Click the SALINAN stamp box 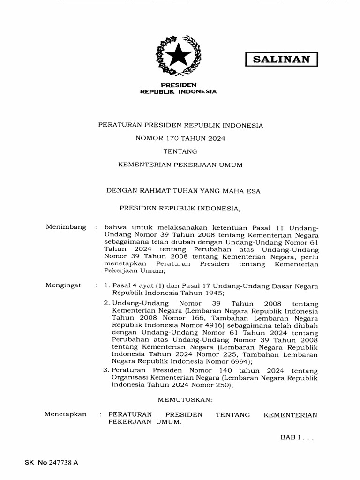(282, 59)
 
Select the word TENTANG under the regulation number (180, 151)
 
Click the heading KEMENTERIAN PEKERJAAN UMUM (180, 165)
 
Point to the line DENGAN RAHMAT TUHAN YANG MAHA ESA (183, 191)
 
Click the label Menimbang (66, 227)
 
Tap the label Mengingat (63, 285)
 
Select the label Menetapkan (66, 414)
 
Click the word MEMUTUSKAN (185, 399)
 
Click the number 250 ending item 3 (222, 385)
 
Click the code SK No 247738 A (52, 462)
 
